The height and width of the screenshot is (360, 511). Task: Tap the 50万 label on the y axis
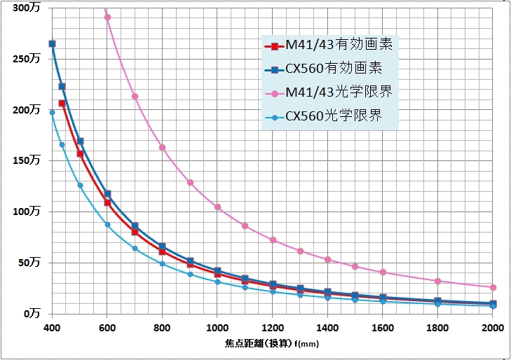point(29,263)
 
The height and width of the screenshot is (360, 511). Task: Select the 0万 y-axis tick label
point(32,314)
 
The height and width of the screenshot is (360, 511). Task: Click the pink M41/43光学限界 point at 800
point(162,147)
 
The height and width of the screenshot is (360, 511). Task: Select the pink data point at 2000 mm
point(493,287)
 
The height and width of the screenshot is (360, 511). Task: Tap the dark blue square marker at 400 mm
point(52,43)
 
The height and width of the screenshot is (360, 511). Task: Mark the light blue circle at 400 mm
point(52,112)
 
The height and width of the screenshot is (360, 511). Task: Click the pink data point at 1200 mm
point(273,240)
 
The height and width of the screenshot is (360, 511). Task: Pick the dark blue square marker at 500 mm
point(80,141)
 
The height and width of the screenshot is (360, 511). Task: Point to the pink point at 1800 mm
point(437,281)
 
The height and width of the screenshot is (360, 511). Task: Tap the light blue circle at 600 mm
point(107,224)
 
